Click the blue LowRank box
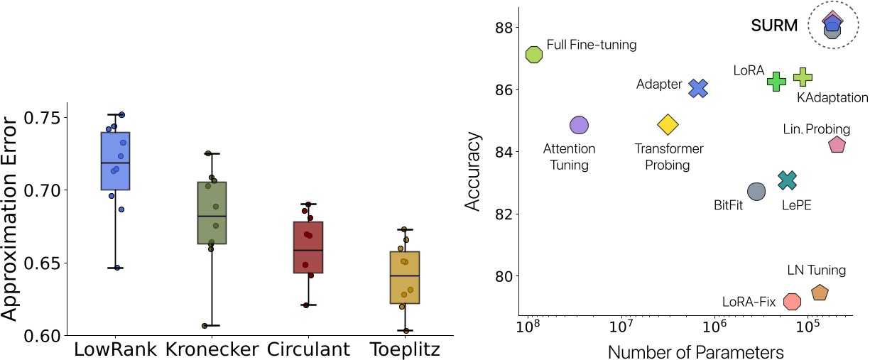pyautogui.click(x=115, y=161)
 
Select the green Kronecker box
pyautogui.click(x=211, y=213)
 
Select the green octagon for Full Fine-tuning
pyautogui.click(x=534, y=54)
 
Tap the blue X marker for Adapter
pyautogui.click(x=699, y=88)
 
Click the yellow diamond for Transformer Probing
pyautogui.click(x=668, y=125)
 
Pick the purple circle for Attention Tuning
pyautogui.click(x=579, y=125)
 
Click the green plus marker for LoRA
pyautogui.click(x=776, y=81)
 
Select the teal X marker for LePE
pyautogui.click(x=788, y=181)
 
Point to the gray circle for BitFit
pyautogui.click(x=756, y=191)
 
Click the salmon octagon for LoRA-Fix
pyautogui.click(x=792, y=301)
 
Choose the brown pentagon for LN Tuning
pyautogui.click(x=820, y=293)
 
